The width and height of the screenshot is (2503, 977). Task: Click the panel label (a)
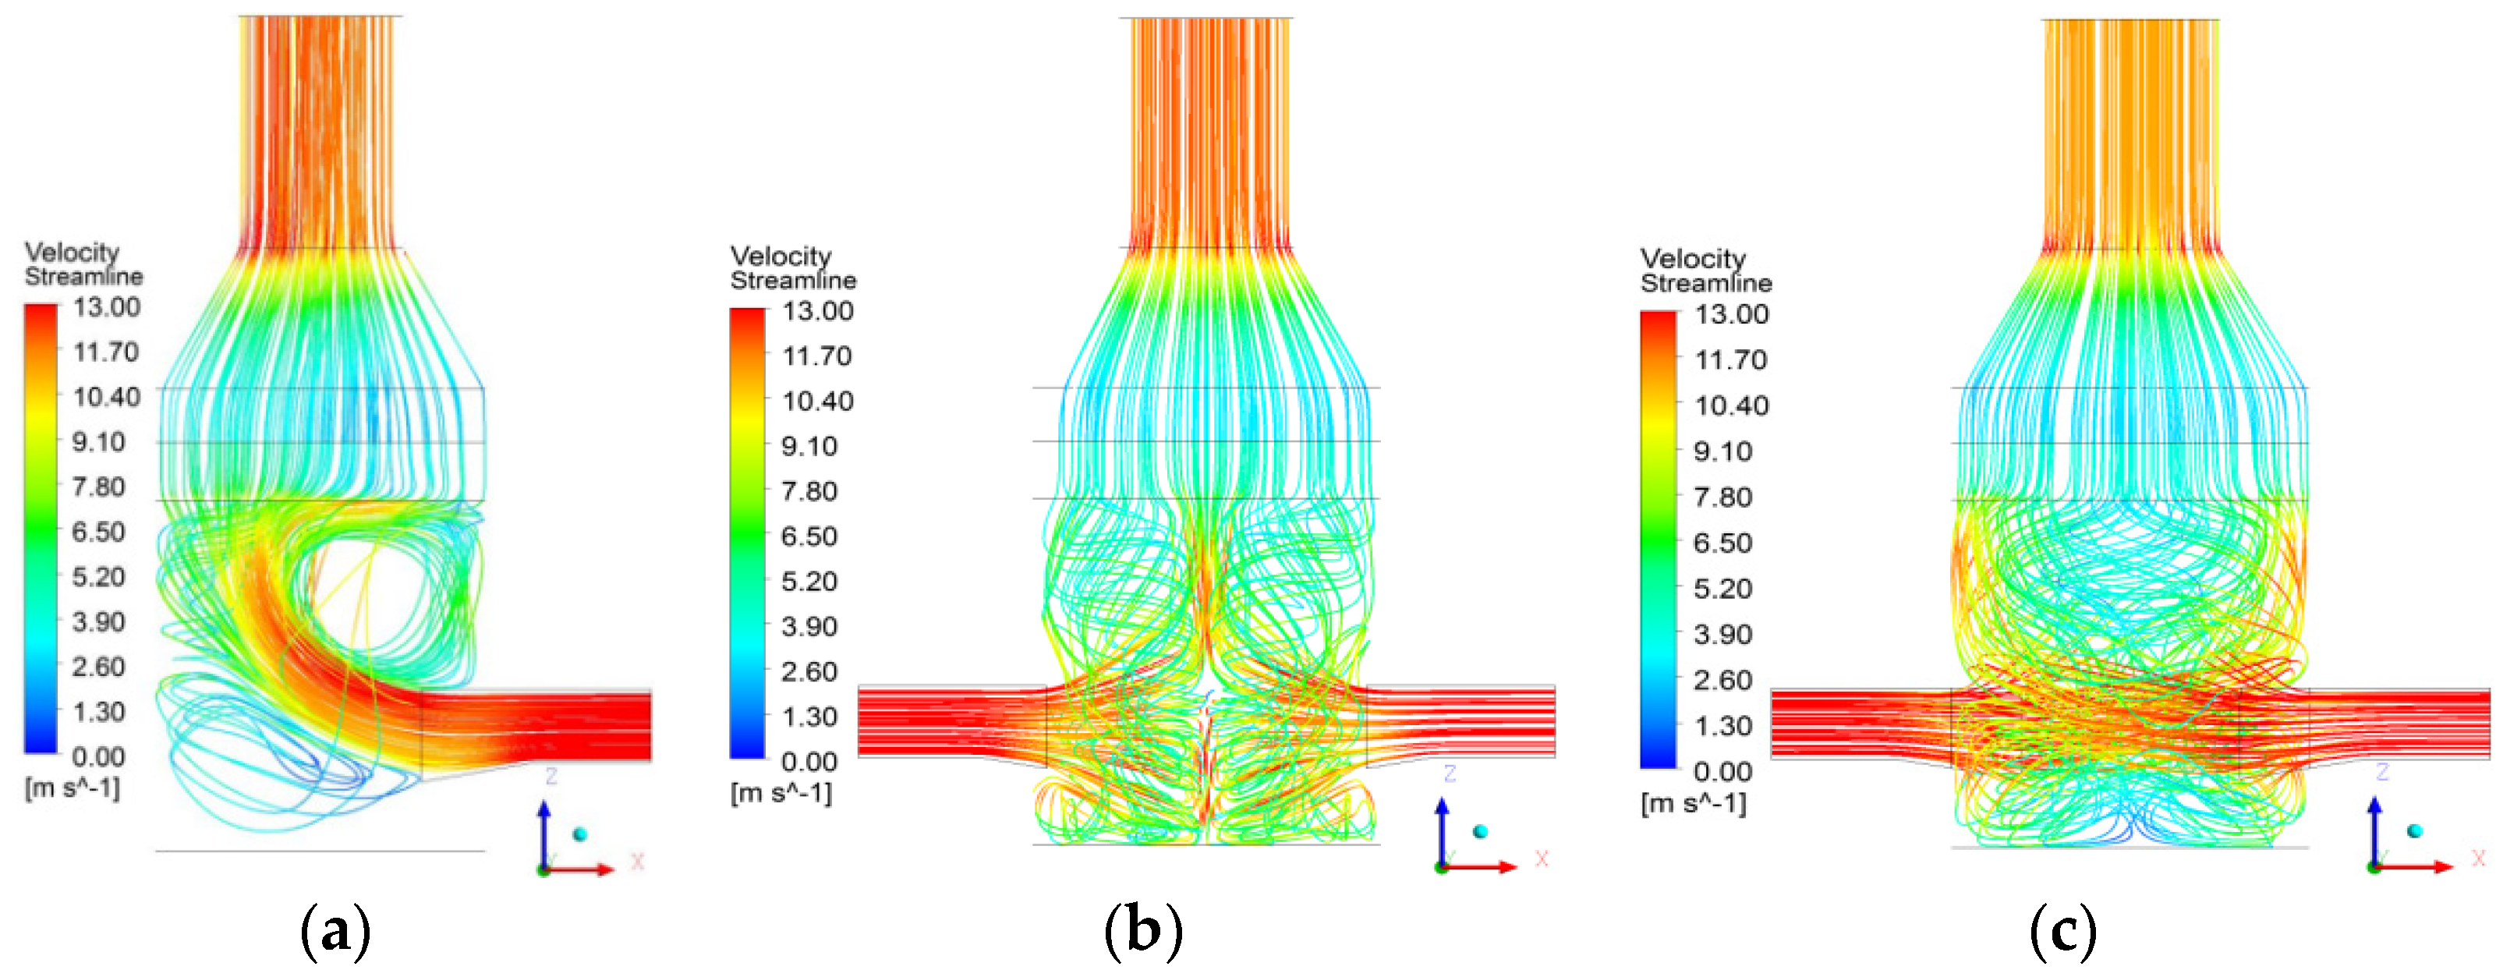point(335,930)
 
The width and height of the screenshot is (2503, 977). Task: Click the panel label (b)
point(1144,930)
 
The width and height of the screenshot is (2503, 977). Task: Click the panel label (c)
point(2062,930)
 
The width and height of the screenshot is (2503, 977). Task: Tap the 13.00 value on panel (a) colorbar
point(107,307)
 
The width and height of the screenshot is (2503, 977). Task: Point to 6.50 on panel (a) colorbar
point(98,533)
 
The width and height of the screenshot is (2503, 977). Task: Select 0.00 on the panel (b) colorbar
point(809,761)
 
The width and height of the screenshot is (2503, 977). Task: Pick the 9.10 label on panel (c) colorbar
point(1722,451)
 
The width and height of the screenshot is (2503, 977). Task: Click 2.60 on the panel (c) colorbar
point(1722,680)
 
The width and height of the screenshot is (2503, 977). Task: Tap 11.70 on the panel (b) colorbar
point(817,356)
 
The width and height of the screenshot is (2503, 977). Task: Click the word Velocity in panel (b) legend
point(781,257)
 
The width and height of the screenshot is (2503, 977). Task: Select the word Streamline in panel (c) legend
point(1706,284)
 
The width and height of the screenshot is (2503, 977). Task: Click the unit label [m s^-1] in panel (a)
point(73,788)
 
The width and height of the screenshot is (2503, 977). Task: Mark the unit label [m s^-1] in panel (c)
point(1694,803)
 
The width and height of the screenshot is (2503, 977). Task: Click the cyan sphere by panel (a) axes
point(580,834)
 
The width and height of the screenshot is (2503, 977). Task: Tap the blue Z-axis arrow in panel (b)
point(1442,830)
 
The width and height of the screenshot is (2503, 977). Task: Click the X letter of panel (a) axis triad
point(637,862)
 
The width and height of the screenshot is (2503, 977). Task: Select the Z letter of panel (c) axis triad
point(2381,772)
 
